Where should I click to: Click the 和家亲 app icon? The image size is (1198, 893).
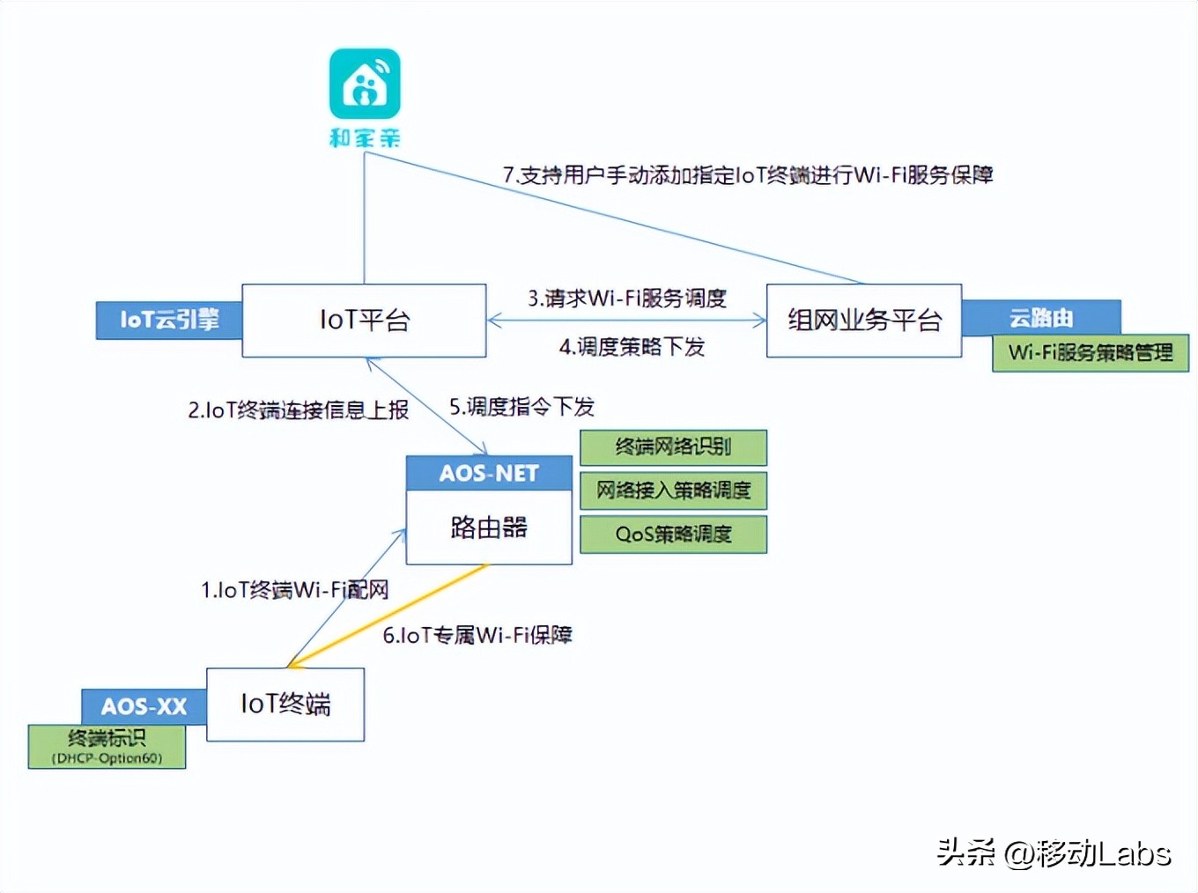pos(365,84)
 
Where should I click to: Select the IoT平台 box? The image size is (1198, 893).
pos(364,321)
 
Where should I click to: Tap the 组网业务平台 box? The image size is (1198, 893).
pos(863,321)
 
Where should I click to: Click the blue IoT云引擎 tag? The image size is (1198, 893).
pos(168,320)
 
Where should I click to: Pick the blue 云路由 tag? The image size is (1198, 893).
pos(1041,316)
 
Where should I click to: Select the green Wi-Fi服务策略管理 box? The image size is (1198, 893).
pos(1090,353)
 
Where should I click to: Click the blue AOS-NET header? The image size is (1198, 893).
pos(489,474)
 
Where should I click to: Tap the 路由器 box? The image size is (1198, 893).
pos(489,528)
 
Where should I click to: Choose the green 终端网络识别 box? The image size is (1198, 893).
pos(673,447)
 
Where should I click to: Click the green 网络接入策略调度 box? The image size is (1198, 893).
pos(673,491)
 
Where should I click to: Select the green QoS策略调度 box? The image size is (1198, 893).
pos(673,535)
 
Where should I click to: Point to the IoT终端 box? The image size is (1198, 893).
pos(285,705)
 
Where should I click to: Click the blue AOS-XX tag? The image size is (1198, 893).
pos(144,706)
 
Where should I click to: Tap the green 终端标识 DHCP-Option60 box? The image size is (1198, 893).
pos(107,747)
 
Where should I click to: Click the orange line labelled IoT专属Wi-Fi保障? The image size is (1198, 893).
pos(388,616)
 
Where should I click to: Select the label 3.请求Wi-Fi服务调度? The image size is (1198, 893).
pos(627,299)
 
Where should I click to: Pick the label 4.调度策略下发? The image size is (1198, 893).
pos(632,347)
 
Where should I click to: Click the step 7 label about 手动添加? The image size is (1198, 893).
pos(748,175)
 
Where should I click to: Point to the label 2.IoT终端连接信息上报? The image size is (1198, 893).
pos(298,410)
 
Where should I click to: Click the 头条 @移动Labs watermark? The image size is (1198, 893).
pos(1054,852)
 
